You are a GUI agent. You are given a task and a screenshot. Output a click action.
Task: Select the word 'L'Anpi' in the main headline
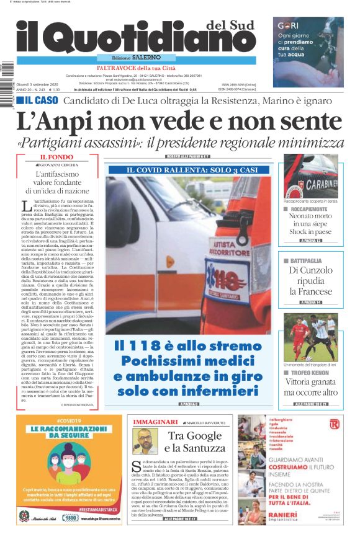60,120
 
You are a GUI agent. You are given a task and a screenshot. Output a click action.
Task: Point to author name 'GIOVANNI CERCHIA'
66,166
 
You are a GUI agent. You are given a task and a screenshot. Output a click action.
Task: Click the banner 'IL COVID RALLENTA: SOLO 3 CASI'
189,169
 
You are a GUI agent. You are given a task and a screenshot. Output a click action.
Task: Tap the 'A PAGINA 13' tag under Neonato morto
310,240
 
